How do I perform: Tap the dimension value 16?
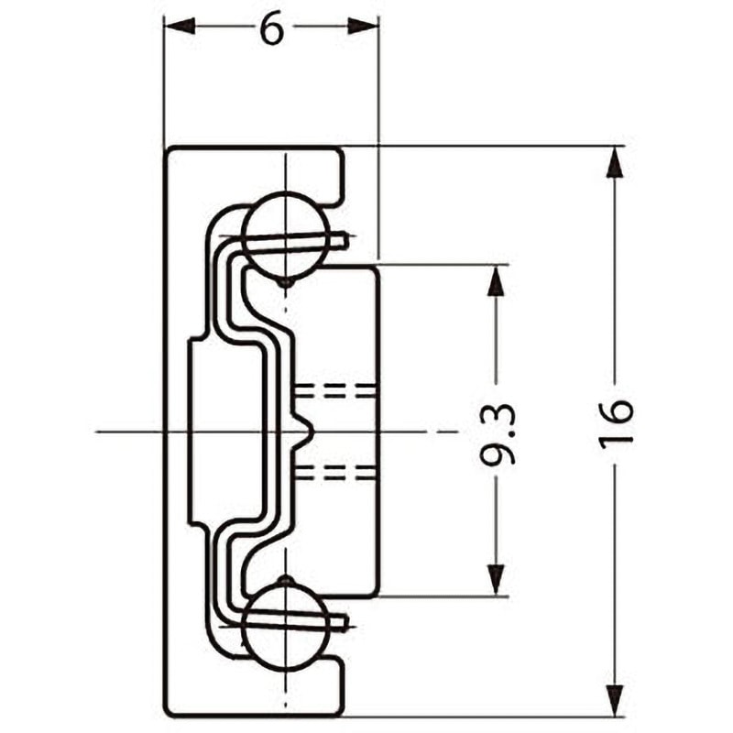coord(616,424)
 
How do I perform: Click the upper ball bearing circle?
coord(286,236)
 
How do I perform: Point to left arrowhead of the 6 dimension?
coord(180,27)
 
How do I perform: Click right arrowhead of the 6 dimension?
coord(363,27)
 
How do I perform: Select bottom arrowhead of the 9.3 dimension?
coord(496,580)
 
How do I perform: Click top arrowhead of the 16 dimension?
coord(616,162)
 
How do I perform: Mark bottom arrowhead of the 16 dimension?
coord(616,700)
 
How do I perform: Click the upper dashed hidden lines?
coord(335,392)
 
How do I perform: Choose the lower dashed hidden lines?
coord(335,472)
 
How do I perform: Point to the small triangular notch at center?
coord(304,431)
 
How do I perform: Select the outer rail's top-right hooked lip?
coord(335,177)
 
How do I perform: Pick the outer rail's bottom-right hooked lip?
coord(335,685)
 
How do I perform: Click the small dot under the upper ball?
coord(286,282)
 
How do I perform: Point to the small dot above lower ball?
coord(286,581)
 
